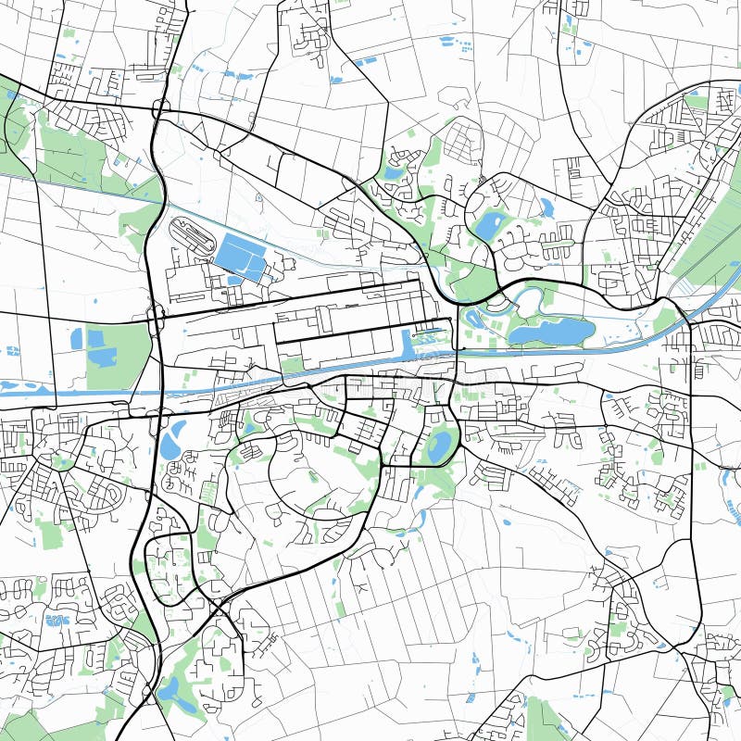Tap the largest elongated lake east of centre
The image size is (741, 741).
(x=551, y=331)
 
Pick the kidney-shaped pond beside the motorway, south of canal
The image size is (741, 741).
(x=172, y=440)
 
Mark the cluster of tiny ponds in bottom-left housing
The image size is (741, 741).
(x=57, y=619)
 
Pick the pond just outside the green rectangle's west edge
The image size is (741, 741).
(x=77, y=339)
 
